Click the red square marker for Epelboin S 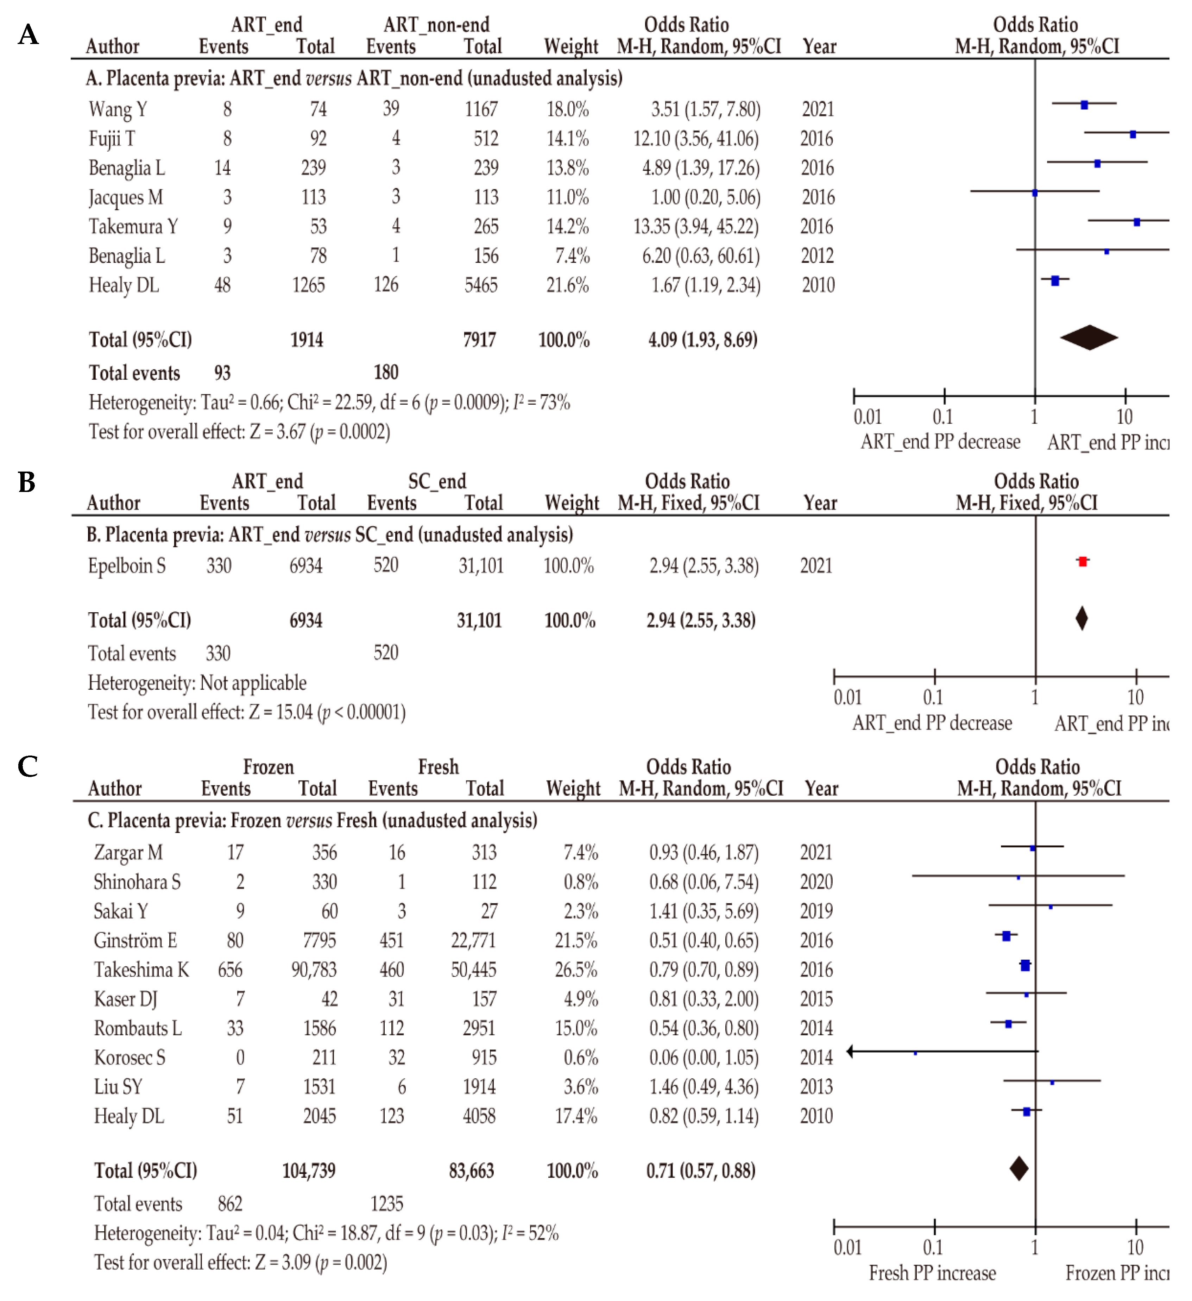point(1082,561)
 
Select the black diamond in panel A point(1089,337)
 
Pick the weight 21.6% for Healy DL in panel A point(567,285)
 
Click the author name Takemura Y point(133,227)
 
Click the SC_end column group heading point(437,481)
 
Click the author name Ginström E point(135,940)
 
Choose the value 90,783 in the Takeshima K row point(314,969)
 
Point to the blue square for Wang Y point(1084,105)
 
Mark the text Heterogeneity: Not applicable point(197,683)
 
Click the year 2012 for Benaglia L point(817,256)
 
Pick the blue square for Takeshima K point(1025,965)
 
